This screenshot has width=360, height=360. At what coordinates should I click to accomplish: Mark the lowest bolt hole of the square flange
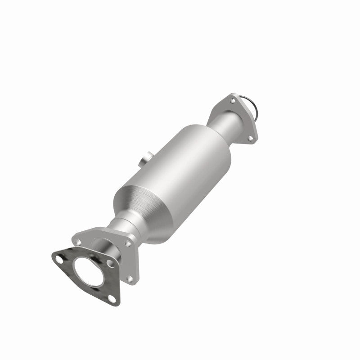pos(130,279)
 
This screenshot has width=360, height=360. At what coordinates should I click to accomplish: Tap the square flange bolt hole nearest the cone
pos(128,243)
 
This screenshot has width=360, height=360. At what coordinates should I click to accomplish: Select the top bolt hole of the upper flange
pos(233,101)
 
